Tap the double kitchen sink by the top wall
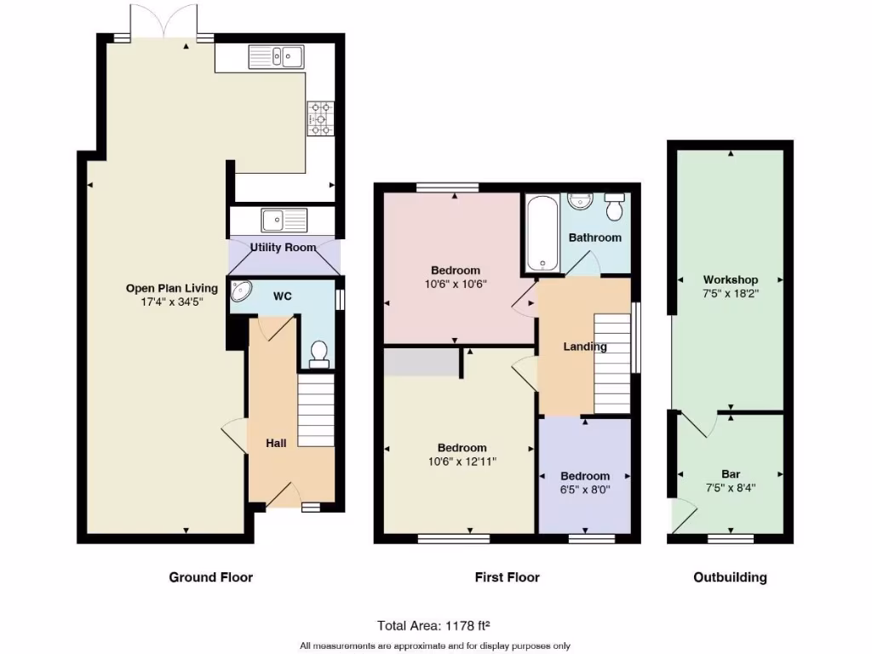[x=278, y=57]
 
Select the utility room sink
[x=284, y=221]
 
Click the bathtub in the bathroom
[x=542, y=232]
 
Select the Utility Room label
[x=283, y=248]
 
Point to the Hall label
[x=276, y=443]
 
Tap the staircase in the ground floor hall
[x=316, y=413]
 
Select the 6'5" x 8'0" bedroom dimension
[x=585, y=490]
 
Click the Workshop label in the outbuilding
[x=730, y=280]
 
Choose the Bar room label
[x=730, y=474]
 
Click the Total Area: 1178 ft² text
[x=434, y=625]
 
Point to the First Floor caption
[x=507, y=577]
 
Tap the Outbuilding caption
[x=730, y=577]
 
